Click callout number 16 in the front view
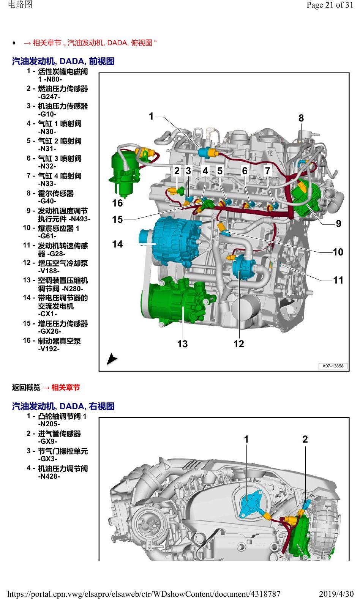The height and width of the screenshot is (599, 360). tap(117, 203)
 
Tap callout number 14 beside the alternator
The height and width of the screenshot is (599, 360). tap(117, 244)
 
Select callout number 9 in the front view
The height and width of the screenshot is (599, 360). tap(338, 223)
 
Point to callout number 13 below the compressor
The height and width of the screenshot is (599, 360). tap(182, 344)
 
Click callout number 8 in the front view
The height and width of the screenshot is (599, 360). tap(301, 118)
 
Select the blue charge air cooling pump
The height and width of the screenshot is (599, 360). tap(243, 266)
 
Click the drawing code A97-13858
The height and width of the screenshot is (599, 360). tap(333, 366)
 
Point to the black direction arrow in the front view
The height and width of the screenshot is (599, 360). tap(112, 359)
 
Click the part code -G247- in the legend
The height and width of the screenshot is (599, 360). tap(49, 96)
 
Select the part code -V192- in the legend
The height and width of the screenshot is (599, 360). tap(49, 349)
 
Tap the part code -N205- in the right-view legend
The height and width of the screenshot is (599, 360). tap(49, 424)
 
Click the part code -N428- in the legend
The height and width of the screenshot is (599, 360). tap(49, 476)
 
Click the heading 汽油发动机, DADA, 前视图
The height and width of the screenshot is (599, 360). tap(63, 61)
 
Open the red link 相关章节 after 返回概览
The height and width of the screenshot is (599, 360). tap(66, 387)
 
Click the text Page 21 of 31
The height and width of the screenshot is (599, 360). tap(330, 5)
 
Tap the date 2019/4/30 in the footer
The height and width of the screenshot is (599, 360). tap(336, 594)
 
